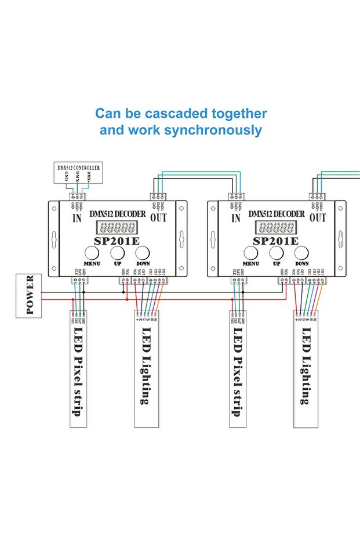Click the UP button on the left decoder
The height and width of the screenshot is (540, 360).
117,253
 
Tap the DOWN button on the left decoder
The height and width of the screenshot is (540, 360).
142,253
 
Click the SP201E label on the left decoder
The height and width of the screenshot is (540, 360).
117,241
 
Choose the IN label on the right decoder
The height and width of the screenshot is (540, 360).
236,218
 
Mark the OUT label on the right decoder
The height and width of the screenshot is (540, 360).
318,218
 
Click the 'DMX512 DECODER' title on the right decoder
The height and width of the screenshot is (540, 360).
278,214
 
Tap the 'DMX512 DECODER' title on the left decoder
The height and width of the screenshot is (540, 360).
118,214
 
